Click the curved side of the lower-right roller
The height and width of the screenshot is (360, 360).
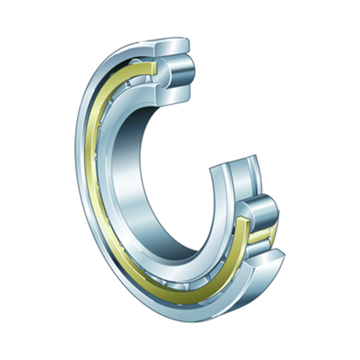(265, 210)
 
